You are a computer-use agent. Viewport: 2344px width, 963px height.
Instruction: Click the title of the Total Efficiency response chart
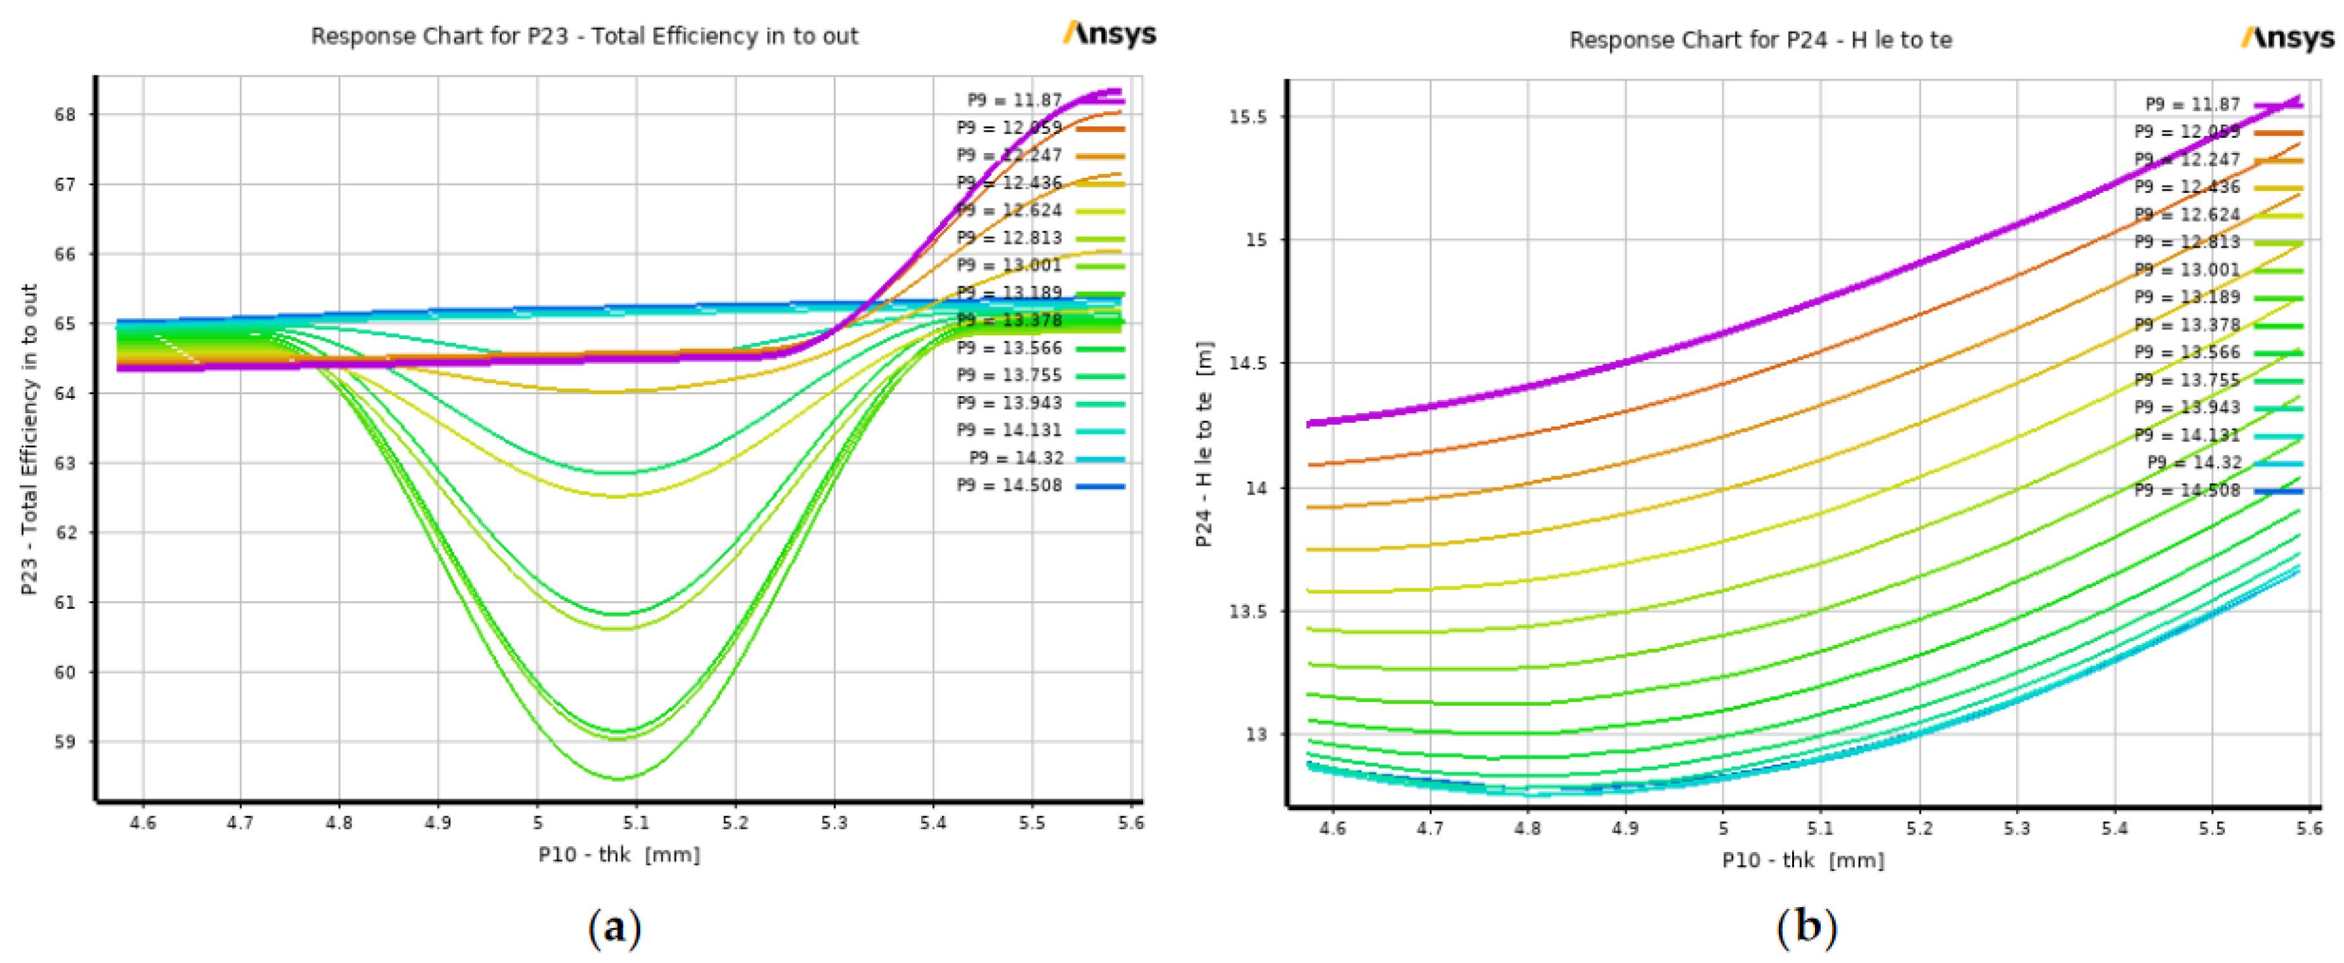click(x=584, y=36)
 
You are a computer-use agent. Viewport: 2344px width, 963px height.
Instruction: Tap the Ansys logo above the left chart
click(x=1110, y=34)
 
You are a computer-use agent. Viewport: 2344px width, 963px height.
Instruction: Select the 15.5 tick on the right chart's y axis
click(x=1248, y=117)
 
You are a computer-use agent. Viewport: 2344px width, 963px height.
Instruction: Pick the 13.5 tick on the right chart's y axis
click(x=1248, y=612)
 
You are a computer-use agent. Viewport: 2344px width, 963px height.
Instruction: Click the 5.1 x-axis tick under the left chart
click(x=636, y=823)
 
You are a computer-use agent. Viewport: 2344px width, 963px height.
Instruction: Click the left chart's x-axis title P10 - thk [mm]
click(x=619, y=854)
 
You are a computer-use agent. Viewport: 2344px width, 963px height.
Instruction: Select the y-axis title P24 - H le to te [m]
click(x=1204, y=444)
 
